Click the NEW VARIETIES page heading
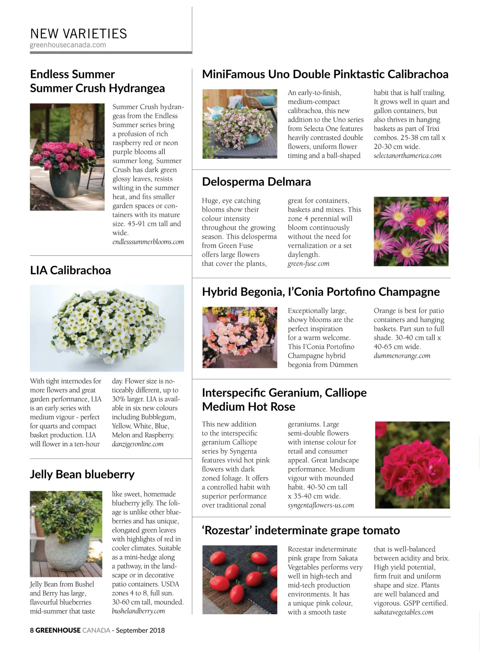coord(78,34)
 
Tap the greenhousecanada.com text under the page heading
coord(68,45)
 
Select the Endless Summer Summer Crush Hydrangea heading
coord(97,81)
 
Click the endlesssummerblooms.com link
coord(148,242)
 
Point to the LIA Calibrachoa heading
coord(70,270)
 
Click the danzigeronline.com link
coord(138,444)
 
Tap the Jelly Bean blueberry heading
coord(82,475)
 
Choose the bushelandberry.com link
coord(138,611)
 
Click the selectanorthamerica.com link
coord(408,156)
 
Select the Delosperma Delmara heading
coord(256,182)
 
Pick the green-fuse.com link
coord(308,264)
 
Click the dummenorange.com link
coord(402,356)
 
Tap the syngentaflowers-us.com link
coord(321,505)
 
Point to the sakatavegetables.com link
coord(404,612)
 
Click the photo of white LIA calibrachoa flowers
coord(107,328)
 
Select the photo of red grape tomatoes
coord(240,580)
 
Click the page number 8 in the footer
coord(32,630)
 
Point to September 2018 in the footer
coord(140,630)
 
